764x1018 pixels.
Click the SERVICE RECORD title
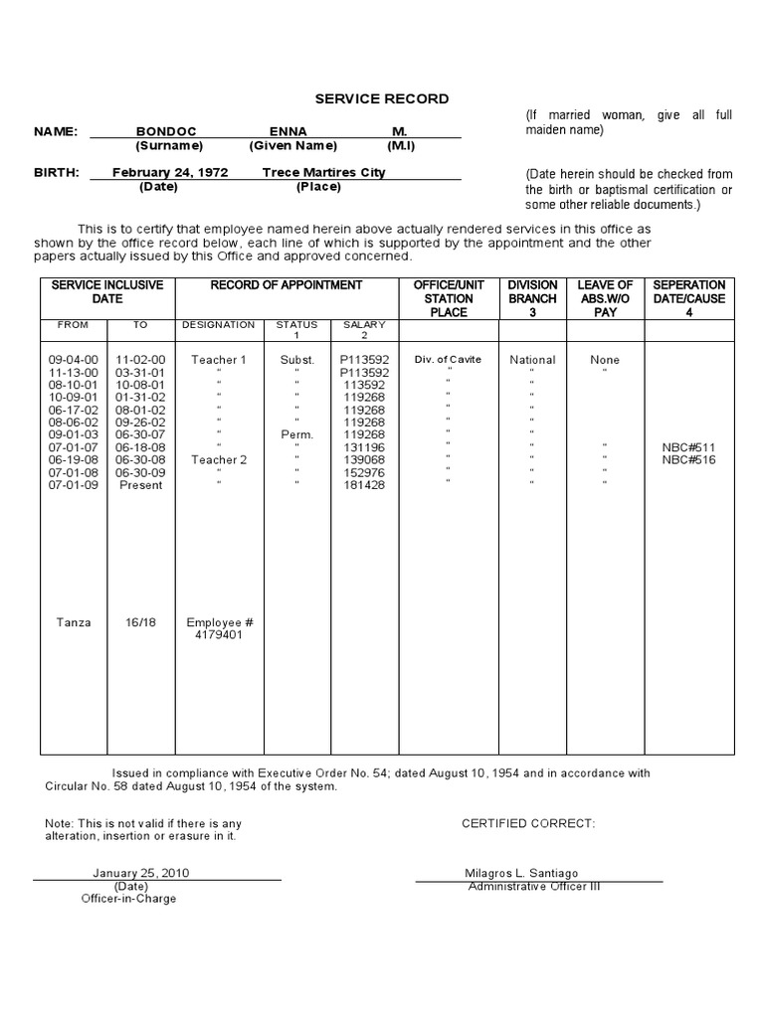pyautogui.click(x=382, y=99)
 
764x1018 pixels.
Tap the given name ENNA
pyautogui.click(x=288, y=131)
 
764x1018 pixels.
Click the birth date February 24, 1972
pyautogui.click(x=170, y=172)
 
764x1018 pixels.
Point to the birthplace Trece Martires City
pyautogui.click(x=324, y=172)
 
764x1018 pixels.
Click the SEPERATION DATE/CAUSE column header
pyautogui.click(x=688, y=298)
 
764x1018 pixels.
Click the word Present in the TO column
pyautogui.click(x=141, y=484)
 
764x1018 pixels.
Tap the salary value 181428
pyautogui.click(x=363, y=484)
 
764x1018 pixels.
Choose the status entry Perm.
pyautogui.click(x=296, y=434)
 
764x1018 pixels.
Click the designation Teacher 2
pyautogui.click(x=219, y=459)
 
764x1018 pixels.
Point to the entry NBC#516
pyautogui.click(x=688, y=459)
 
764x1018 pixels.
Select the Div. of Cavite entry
pyautogui.click(x=449, y=360)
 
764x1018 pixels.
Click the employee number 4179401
pyautogui.click(x=220, y=635)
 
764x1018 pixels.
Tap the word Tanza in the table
pyautogui.click(x=74, y=622)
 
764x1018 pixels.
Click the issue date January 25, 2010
pyautogui.click(x=141, y=873)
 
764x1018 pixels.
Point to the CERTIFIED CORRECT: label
pyautogui.click(x=528, y=824)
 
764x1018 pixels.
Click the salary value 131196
pyautogui.click(x=363, y=447)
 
